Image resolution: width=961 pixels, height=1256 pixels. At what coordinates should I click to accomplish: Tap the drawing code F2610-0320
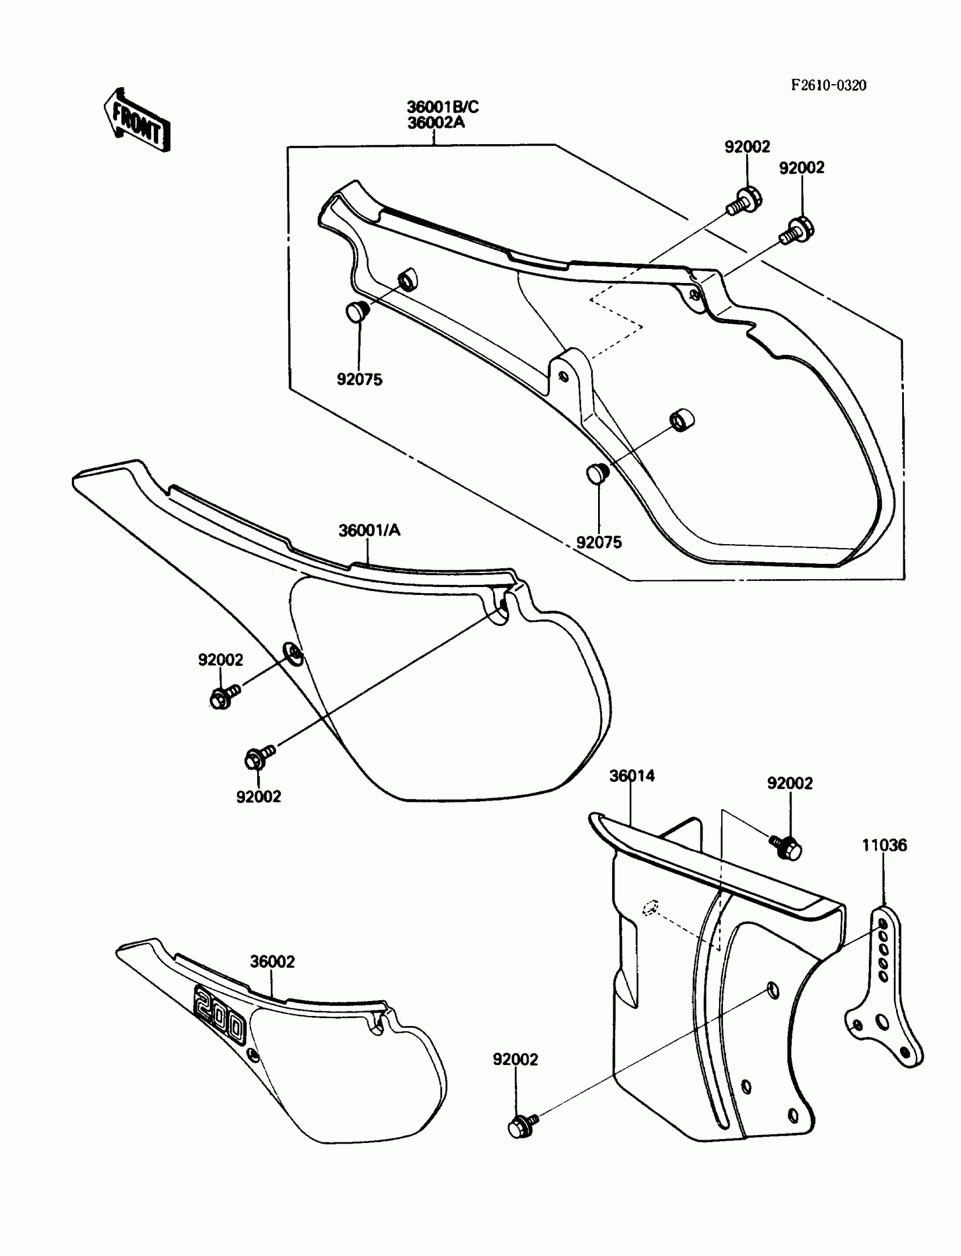click(x=828, y=86)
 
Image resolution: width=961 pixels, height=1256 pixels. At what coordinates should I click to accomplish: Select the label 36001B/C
click(x=442, y=107)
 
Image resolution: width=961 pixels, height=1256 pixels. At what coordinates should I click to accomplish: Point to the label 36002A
click(x=435, y=123)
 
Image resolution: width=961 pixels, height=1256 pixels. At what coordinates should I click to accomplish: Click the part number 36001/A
click(x=369, y=531)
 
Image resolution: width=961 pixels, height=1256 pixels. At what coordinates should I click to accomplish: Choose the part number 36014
click(x=631, y=776)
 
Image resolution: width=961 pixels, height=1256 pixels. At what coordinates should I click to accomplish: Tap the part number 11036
click(x=884, y=845)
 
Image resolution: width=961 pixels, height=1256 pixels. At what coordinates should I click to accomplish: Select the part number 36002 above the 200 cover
click(x=272, y=962)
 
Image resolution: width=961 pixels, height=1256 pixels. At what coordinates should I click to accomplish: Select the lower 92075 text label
click(x=598, y=542)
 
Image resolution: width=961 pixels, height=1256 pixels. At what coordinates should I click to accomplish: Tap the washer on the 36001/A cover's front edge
click(x=293, y=654)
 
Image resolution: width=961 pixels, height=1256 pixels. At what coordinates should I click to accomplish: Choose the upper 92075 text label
click(x=359, y=380)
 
